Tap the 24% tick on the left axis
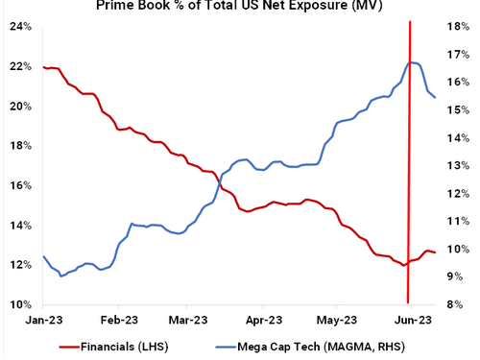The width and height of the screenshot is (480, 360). pos(20,27)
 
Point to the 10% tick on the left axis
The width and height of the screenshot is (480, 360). pos(20,304)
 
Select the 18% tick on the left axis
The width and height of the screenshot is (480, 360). pos(20,146)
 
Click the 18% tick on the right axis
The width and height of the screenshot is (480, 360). pos(458,27)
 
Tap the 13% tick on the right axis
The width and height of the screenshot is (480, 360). pos(458,165)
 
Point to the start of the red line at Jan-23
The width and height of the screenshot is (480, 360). pos(44,67)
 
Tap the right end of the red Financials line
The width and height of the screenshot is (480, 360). pos(436,252)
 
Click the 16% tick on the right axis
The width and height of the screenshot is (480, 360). pos(458,83)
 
